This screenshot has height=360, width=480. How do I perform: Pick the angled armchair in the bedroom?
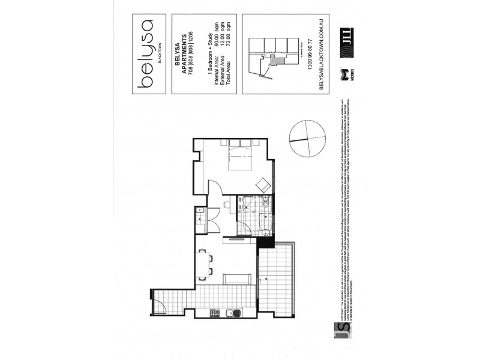click(263, 185)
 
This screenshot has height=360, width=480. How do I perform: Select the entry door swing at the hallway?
click(161, 305)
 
